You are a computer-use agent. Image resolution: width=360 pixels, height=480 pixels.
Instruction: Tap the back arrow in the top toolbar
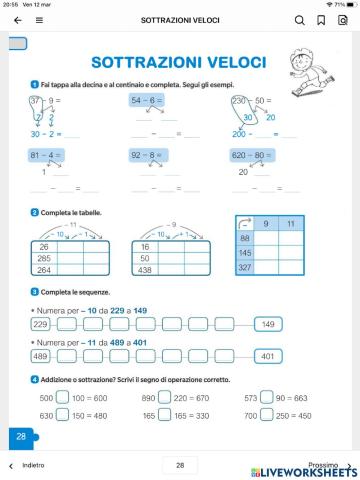coord(17,19)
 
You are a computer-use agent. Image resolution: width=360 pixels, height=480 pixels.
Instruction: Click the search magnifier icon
coord(300,19)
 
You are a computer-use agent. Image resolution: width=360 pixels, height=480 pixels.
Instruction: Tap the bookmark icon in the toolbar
coord(320,19)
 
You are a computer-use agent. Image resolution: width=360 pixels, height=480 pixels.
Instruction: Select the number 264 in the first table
coord(45,269)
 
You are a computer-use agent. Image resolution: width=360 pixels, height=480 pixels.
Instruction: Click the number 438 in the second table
coord(148,269)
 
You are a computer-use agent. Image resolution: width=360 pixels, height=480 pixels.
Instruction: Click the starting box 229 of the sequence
coord(41,324)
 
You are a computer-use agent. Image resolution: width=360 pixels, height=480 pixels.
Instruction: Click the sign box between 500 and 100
coord(62,396)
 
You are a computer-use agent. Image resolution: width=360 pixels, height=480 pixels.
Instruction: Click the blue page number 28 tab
coord(21,436)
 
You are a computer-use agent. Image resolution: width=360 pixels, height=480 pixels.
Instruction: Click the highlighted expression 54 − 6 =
coord(148,101)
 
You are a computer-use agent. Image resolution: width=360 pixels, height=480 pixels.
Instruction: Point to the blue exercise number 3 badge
coord(35,291)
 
